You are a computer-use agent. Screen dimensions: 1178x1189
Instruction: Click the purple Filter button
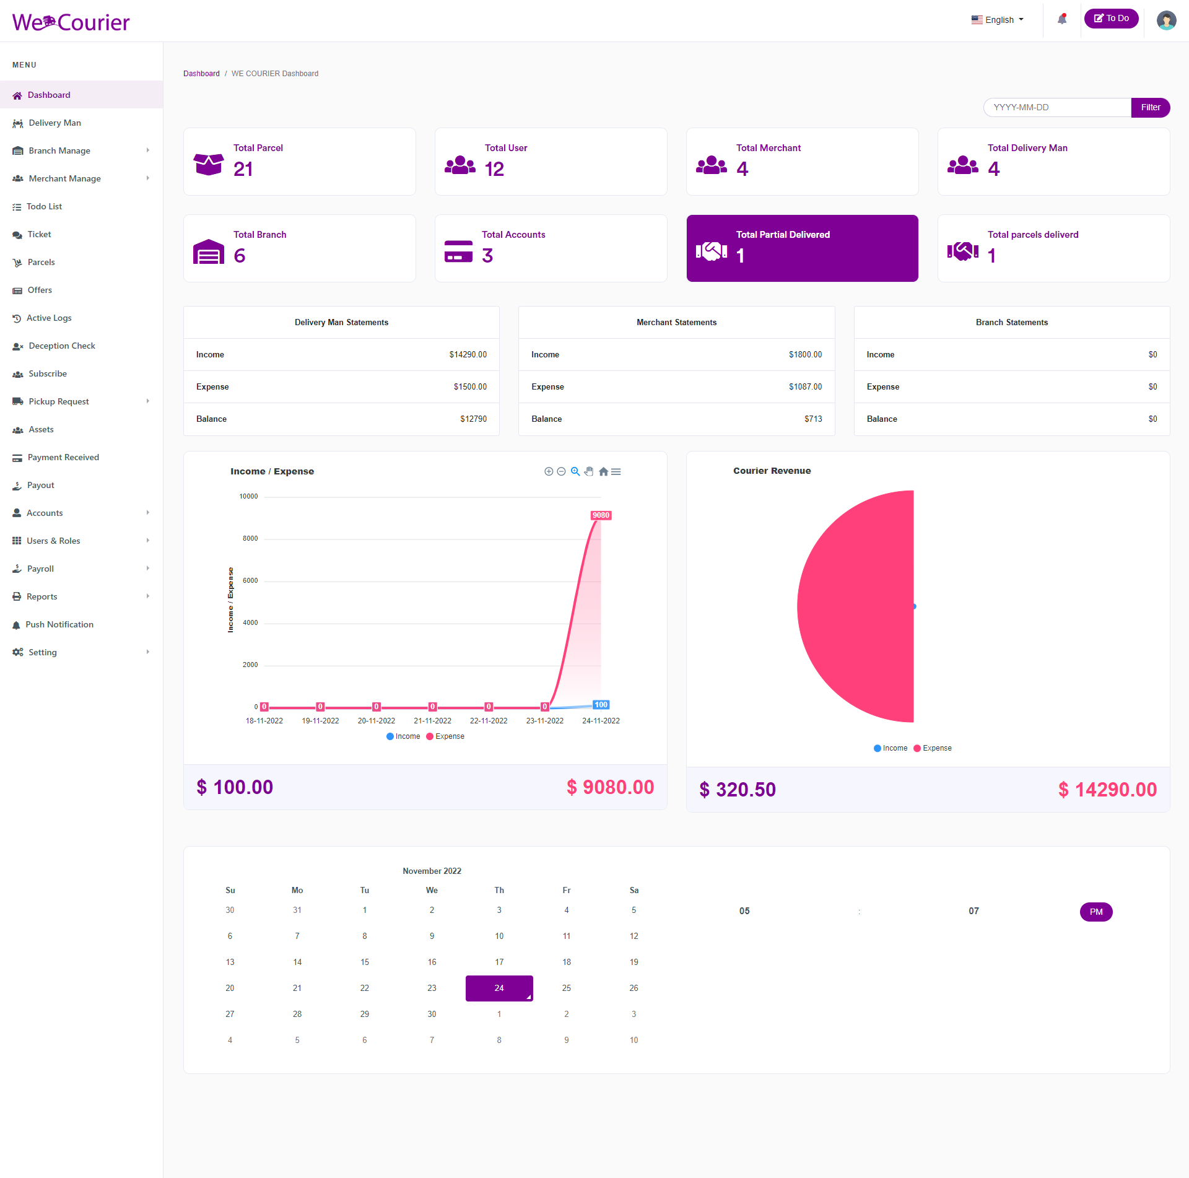[1150, 107]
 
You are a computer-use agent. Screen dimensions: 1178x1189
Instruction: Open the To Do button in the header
[1111, 19]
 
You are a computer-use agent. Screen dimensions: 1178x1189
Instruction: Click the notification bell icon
[1062, 19]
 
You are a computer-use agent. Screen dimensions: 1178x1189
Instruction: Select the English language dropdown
[998, 20]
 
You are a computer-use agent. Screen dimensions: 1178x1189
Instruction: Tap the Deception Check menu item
[61, 346]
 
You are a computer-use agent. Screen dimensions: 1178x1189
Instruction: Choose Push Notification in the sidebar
[59, 624]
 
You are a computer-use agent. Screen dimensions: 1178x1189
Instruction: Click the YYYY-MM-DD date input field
[1056, 107]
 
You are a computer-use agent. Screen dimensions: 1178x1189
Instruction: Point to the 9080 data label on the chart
[601, 515]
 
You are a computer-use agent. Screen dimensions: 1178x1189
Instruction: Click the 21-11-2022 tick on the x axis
[432, 721]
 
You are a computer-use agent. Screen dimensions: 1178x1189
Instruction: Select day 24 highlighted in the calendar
[499, 988]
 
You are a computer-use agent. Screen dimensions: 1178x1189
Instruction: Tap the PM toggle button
[1095, 912]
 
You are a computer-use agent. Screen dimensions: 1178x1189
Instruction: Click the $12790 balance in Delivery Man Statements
[473, 419]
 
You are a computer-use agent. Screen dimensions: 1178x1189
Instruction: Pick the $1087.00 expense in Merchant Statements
[805, 387]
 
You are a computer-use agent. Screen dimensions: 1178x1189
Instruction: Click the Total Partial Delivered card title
[783, 235]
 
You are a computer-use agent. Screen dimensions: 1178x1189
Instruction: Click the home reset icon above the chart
[603, 472]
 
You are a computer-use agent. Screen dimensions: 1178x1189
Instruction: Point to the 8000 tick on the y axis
[250, 539]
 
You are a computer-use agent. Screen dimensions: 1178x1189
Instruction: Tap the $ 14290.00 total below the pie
[1107, 790]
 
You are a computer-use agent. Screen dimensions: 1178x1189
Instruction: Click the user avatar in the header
[1166, 20]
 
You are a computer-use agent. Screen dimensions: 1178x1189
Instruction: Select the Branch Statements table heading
[1011, 323]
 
